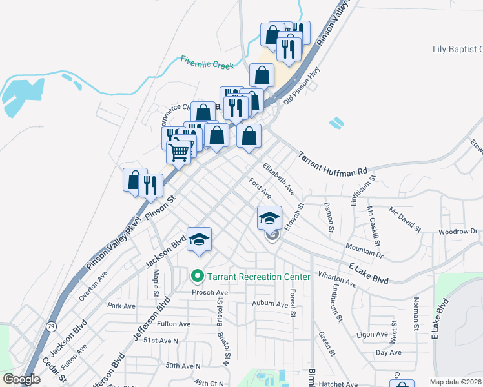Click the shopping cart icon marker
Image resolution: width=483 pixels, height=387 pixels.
(x=179, y=152)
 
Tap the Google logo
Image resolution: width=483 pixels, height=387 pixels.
(x=21, y=379)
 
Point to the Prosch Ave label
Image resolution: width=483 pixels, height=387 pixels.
(x=206, y=292)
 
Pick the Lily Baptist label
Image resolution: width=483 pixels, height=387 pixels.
(x=457, y=49)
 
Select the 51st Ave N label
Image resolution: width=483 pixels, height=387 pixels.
(x=161, y=340)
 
